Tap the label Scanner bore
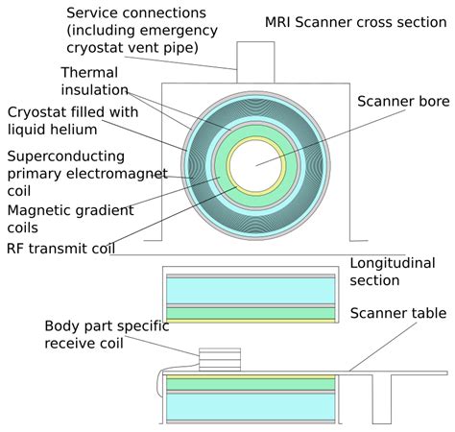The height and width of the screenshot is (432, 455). pos(398,101)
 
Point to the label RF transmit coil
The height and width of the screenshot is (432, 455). pos(60,249)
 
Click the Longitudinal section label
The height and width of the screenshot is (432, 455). pos(389,271)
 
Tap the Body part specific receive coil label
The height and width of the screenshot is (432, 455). pos(106,335)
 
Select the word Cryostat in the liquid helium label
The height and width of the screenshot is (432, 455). pos(37,111)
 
